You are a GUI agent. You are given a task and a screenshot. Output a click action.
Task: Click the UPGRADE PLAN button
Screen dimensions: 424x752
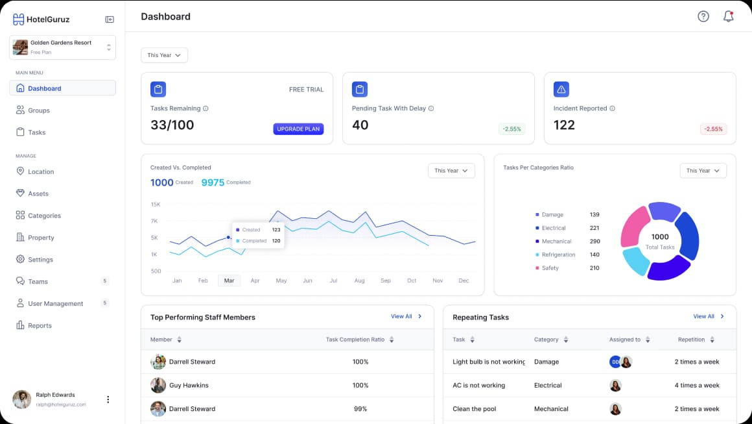pyautogui.click(x=298, y=129)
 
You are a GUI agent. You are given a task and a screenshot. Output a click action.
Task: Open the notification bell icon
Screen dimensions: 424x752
pyautogui.click(x=728, y=16)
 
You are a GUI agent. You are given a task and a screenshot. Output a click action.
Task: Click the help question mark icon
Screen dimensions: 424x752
pyautogui.click(x=703, y=16)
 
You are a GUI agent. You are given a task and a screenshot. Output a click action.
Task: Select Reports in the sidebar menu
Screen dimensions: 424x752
pyautogui.click(x=40, y=325)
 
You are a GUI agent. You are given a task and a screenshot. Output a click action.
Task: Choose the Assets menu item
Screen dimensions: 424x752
pyautogui.click(x=38, y=193)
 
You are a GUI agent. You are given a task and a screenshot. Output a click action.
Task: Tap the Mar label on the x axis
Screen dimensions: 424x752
pyautogui.click(x=229, y=281)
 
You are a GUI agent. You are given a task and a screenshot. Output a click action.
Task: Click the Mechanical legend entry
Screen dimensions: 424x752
pyautogui.click(x=556, y=241)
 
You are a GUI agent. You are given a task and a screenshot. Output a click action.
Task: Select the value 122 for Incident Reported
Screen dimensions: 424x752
pyautogui.click(x=564, y=125)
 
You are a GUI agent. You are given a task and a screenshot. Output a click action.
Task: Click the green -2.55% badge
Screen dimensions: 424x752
pyautogui.click(x=511, y=129)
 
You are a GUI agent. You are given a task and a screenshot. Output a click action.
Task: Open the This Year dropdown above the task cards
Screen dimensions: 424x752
pyautogui.click(x=164, y=55)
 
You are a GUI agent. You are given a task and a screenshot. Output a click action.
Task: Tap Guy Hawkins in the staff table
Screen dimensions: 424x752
pyautogui.click(x=189, y=385)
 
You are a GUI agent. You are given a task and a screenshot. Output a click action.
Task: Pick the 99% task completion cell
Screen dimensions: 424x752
pyautogui.click(x=360, y=408)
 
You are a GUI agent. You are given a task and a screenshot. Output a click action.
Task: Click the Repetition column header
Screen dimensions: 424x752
pyautogui.click(x=696, y=339)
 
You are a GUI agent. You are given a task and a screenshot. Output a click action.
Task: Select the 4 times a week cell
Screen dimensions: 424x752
pyautogui.click(x=696, y=385)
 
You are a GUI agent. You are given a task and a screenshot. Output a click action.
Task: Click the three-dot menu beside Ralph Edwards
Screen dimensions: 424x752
pyautogui.click(x=108, y=399)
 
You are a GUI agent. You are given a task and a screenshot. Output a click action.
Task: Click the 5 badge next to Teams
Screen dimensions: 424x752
pyautogui.click(x=105, y=281)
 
